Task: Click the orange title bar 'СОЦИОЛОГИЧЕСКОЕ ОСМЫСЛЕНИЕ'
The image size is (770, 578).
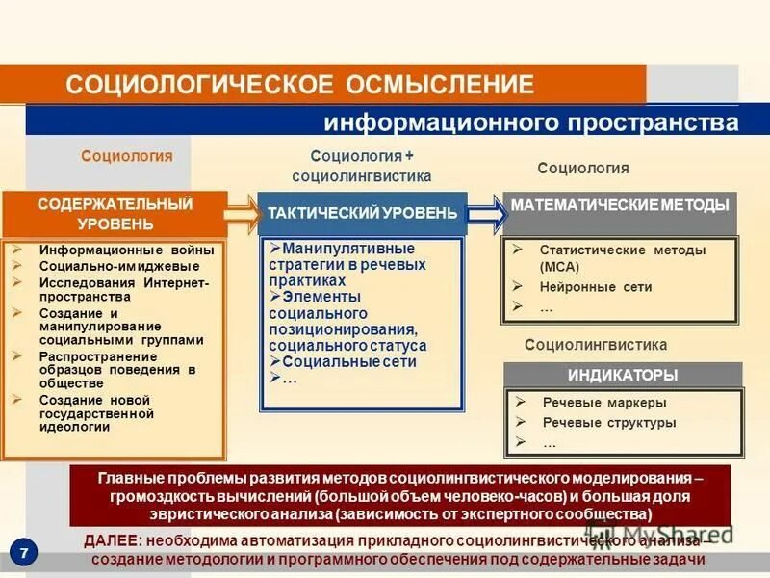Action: [x=298, y=84]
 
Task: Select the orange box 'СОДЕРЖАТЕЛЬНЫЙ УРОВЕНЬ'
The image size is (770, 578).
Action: [x=115, y=214]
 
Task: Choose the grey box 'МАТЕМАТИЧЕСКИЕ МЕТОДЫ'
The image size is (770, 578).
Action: [x=621, y=206]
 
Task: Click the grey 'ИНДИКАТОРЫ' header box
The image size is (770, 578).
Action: [x=623, y=375]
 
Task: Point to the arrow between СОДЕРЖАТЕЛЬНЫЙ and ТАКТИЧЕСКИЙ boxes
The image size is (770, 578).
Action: [x=242, y=214]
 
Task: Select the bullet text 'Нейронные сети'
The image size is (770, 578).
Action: [x=596, y=287]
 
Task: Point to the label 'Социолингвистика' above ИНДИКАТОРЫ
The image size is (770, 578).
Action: [x=595, y=345]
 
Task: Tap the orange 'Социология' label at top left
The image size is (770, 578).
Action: [x=126, y=156]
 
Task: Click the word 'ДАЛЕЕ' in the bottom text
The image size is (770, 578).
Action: [x=115, y=542]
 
